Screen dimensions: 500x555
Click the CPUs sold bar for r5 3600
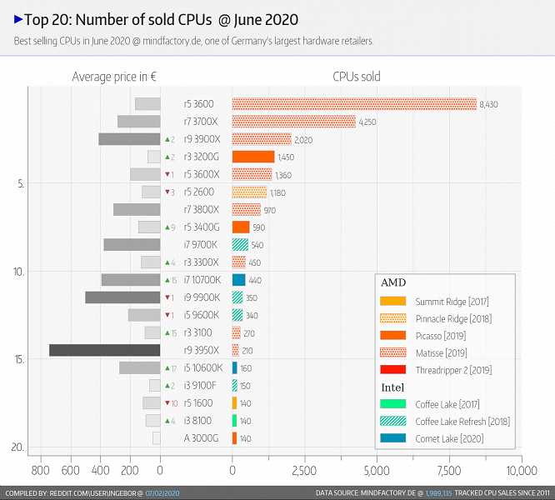pyautogui.click(x=354, y=104)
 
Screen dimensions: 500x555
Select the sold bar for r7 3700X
pyautogui.click(x=293, y=122)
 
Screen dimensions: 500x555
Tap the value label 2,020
pyautogui.click(x=303, y=140)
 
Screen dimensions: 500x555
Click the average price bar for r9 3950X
pyautogui.click(x=104, y=350)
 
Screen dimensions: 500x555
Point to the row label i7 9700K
pyautogui.click(x=201, y=245)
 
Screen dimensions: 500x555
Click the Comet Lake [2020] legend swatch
pyautogui.click(x=392, y=438)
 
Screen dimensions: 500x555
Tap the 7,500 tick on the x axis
pyautogui.click(x=449, y=469)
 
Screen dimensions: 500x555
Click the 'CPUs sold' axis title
pyautogui.click(x=356, y=77)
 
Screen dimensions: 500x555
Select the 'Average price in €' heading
pyautogui.click(x=114, y=77)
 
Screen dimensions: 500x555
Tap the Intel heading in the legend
pyautogui.click(x=394, y=387)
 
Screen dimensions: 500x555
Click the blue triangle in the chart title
pyautogui.click(x=17, y=19)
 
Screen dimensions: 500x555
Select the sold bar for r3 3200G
pyautogui.click(x=253, y=157)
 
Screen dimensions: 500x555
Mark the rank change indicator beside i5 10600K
pyautogui.click(x=169, y=368)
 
